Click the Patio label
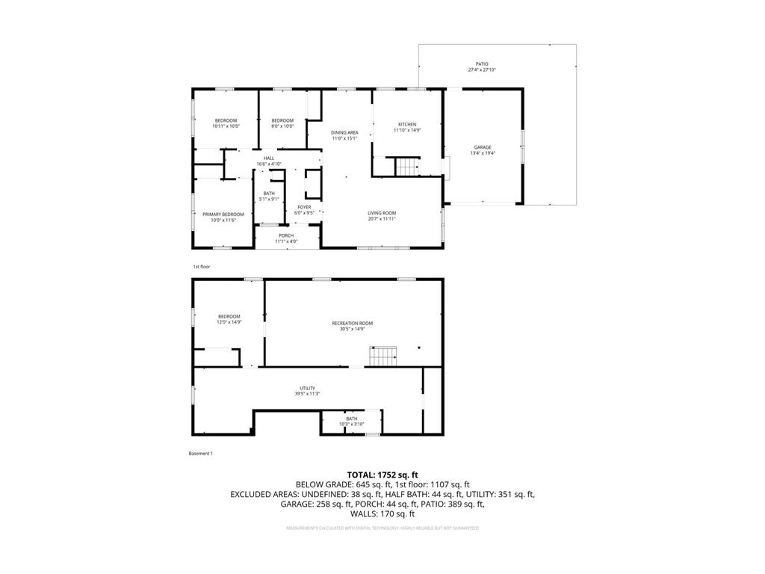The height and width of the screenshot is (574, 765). click(x=482, y=64)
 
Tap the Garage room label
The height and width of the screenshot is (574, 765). click(x=483, y=147)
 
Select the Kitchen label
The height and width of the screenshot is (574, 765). click(x=407, y=124)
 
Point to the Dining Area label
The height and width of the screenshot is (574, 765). click(x=344, y=132)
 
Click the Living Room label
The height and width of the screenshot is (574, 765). click(x=382, y=213)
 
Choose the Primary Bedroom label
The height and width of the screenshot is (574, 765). click(x=223, y=215)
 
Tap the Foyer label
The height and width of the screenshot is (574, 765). click(x=304, y=207)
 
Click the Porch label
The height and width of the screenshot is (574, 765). click(x=286, y=235)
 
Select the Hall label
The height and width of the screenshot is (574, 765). click(x=269, y=158)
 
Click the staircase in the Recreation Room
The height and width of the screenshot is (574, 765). click(x=384, y=357)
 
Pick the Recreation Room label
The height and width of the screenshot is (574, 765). click(x=353, y=323)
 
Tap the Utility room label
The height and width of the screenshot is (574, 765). click(x=307, y=389)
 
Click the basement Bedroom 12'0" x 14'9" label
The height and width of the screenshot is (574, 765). click(x=229, y=316)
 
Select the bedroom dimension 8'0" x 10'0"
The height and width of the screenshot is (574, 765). click(x=282, y=126)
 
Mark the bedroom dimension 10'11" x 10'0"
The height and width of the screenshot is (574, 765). click(x=226, y=126)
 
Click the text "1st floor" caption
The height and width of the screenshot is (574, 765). click(x=202, y=266)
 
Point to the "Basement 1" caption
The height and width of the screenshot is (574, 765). click(x=201, y=453)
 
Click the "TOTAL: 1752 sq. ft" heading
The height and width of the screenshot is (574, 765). click(x=382, y=475)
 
